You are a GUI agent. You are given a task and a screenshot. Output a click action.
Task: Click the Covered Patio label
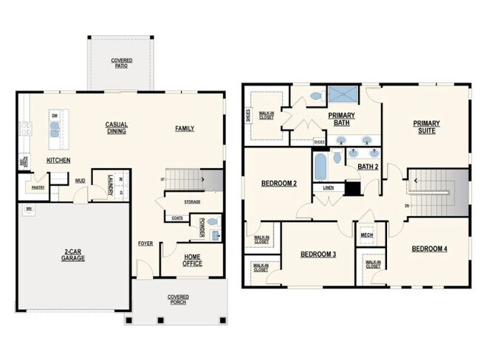point(120,63)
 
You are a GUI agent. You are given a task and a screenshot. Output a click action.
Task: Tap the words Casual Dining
point(116,128)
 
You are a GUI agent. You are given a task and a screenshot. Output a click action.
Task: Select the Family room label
point(185,128)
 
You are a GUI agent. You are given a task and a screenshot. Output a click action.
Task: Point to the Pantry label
point(38,187)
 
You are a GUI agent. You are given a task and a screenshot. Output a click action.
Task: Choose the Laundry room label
point(111,184)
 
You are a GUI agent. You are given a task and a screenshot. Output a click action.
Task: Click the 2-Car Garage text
point(73,256)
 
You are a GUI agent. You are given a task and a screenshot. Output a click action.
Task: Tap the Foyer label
point(145,243)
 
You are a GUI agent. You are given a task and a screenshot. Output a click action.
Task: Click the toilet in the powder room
point(212,221)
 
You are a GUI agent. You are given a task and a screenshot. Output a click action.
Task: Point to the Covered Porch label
point(177,300)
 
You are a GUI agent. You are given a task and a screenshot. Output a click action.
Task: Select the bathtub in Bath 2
point(320,166)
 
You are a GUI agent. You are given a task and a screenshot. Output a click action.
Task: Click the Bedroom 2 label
point(279,183)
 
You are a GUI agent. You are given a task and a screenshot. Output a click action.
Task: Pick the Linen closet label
point(328,187)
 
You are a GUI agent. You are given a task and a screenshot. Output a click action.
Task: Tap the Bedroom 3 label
point(318,255)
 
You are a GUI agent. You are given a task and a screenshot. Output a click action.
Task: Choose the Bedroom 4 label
point(430,248)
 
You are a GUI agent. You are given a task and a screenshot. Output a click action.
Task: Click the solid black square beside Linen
point(353,188)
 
